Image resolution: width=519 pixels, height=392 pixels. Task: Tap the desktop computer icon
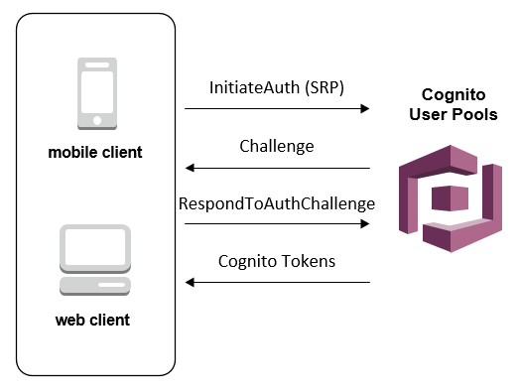point(95,260)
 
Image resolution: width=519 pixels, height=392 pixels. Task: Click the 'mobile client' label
point(95,153)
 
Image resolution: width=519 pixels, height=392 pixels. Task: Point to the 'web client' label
point(95,321)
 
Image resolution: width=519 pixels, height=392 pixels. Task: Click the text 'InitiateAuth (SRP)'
point(277,87)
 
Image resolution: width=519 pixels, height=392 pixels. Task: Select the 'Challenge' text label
point(277,146)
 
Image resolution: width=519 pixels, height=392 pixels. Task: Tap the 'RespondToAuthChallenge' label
point(277,204)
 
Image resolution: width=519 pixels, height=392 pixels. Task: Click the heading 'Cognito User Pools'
point(454,106)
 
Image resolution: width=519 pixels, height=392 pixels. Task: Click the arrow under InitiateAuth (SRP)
point(277,108)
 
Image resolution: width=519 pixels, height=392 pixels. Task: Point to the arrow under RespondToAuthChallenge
point(277,224)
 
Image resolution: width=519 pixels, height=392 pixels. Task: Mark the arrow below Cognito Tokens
point(277,283)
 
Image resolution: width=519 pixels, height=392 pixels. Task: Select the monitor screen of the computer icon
point(95,247)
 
